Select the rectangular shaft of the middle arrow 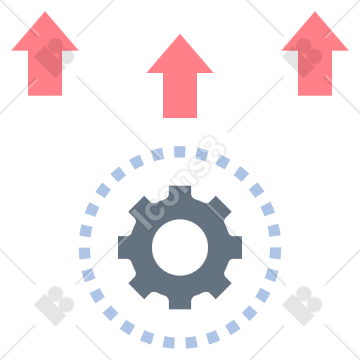click(x=180, y=96)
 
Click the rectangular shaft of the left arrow click(x=45, y=73)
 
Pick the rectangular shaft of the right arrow click(x=315, y=73)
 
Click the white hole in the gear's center click(x=180, y=247)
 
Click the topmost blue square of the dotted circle click(x=180, y=152)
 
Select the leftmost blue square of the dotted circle click(x=84, y=253)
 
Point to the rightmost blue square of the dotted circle click(x=276, y=253)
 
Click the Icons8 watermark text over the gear click(x=179, y=182)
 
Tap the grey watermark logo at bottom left click(x=54, y=306)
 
